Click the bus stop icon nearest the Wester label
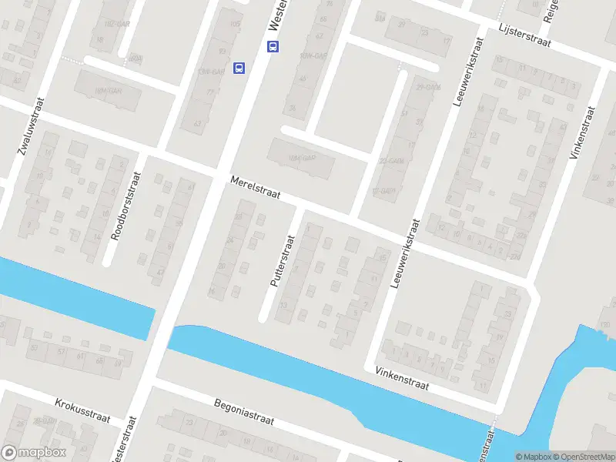click(x=273, y=46)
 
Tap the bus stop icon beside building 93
click(x=239, y=68)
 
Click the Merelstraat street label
click(x=255, y=190)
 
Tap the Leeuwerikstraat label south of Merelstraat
click(x=406, y=254)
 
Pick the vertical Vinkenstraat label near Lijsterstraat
click(x=583, y=132)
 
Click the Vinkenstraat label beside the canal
click(x=401, y=377)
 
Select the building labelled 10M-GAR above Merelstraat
click(x=302, y=159)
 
